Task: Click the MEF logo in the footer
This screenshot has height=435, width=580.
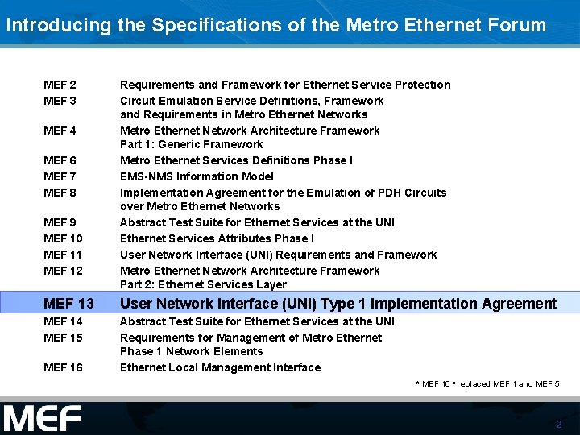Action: (x=43, y=419)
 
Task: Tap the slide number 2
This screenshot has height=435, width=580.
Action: (x=558, y=424)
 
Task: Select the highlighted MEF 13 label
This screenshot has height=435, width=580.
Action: (x=68, y=304)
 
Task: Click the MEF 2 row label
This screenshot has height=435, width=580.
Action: (x=60, y=85)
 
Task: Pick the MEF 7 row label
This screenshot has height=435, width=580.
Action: (x=60, y=176)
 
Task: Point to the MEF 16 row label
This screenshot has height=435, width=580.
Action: (x=63, y=367)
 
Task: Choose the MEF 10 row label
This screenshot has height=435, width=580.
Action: (x=63, y=238)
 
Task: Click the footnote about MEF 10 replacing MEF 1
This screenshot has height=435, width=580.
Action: (x=487, y=384)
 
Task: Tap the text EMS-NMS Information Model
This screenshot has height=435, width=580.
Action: (x=197, y=176)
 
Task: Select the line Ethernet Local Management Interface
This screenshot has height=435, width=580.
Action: (x=220, y=367)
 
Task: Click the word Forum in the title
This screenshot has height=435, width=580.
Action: (x=517, y=25)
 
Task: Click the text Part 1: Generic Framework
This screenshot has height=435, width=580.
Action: (x=191, y=144)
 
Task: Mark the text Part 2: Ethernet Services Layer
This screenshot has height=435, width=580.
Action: (x=203, y=284)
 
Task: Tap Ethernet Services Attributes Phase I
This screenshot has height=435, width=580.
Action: (x=217, y=238)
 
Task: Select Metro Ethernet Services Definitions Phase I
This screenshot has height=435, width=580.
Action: (x=236, y=160)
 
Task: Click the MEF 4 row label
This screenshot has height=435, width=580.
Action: (x=60, y=130)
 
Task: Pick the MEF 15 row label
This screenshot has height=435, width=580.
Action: (x=63, y=338)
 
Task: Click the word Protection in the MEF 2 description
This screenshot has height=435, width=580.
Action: (x=423, y=85)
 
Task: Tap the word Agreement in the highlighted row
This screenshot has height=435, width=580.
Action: (x=519, y=304)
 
